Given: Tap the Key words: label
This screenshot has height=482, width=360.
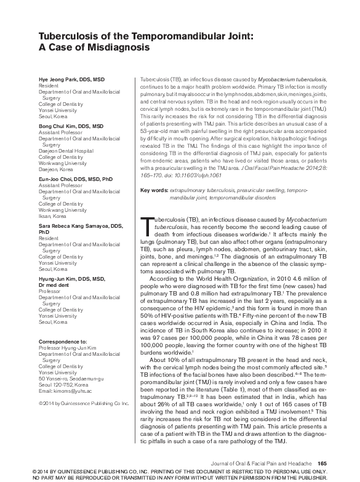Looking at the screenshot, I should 154,191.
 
